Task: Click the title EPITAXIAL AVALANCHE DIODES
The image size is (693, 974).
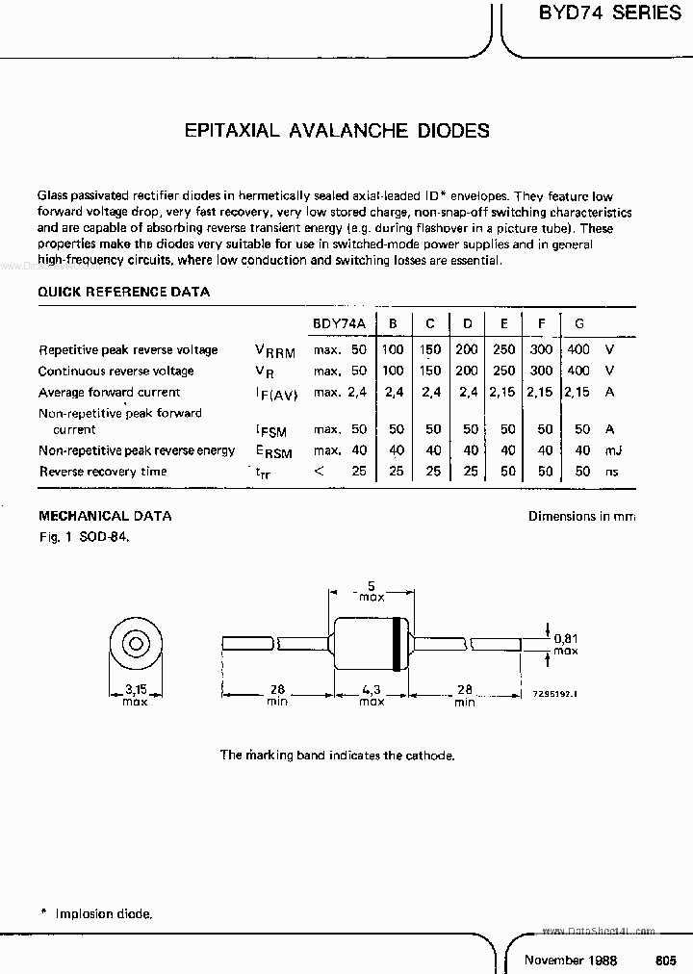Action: click(337, 130)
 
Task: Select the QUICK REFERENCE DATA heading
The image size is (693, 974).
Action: click(123, 292)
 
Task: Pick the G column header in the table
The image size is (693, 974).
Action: click(578, 324)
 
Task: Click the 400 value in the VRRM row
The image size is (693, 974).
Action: click(577, 349)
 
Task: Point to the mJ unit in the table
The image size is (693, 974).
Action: click(610, 450)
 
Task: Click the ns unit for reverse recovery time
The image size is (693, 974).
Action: click(610, 472)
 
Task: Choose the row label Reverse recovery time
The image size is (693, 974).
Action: click(103, 472)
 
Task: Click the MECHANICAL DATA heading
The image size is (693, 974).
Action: click(105, 516)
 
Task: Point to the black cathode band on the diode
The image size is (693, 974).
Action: click(397, 644)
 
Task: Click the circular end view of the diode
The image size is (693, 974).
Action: click(136, 644)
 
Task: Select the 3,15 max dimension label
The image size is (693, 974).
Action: click(136, 694)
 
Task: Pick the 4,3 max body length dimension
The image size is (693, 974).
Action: click(372, 694)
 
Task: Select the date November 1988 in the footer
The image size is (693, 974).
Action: click(570, 960)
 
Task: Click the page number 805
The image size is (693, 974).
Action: click(666, 960)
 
